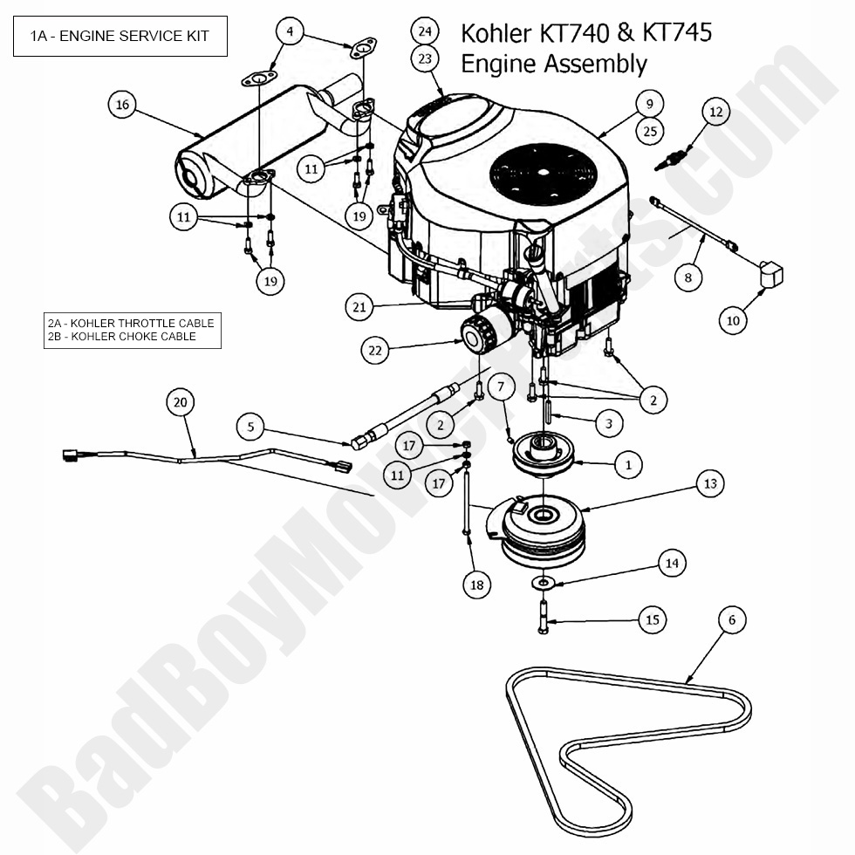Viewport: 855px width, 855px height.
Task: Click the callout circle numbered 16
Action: [122, 105]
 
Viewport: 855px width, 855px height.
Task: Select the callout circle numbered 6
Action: [732, 619]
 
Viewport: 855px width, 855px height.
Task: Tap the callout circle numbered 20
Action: [181, 402]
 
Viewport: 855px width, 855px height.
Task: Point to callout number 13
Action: [709, 482]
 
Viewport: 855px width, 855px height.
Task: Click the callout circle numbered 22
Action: [375, 350]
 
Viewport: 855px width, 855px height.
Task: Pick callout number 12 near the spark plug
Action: [715, 112]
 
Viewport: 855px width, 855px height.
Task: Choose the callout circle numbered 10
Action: [733, 320]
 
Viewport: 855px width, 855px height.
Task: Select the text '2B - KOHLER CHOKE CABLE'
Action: [122, 337]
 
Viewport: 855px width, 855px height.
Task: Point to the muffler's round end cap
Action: [190, 178]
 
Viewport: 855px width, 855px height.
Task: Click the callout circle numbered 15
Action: [653, 620]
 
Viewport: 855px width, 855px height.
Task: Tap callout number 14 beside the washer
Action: [671, 564]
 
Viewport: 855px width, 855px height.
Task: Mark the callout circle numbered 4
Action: [290, 32]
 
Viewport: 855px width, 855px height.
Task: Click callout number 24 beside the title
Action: [425, 31]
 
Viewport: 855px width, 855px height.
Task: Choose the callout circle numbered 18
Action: [476, 585]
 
